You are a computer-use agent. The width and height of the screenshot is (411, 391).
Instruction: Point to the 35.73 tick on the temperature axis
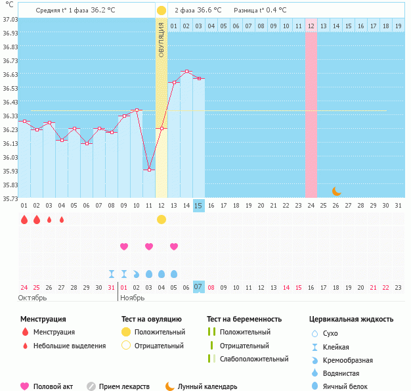coord(9,198)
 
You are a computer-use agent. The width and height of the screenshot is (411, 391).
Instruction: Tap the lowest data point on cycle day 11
coord(149,170)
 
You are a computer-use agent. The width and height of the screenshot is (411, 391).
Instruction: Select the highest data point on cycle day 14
coord(186,71)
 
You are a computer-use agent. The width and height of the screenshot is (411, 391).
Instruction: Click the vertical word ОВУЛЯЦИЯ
coord(162,40)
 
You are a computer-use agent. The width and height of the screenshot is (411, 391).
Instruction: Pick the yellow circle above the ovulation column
coord(162,11)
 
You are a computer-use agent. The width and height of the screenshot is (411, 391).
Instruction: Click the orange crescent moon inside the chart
coord(337,191)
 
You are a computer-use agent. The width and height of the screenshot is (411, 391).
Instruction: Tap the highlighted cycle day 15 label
coord(199,206)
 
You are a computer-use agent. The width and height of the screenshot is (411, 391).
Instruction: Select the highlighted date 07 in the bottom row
coord(199,287)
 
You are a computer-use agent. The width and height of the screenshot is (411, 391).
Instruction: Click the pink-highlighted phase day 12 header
coord(311,26)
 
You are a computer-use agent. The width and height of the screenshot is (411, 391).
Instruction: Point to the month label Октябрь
coord(33,298)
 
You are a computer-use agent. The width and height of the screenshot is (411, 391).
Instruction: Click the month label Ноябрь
coord(133,298)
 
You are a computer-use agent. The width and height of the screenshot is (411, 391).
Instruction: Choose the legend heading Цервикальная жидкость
coord(351,319)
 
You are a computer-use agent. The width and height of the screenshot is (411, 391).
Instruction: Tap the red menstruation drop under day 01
coord(24,219)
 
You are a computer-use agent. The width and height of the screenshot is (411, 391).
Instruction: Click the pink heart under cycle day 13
coord(174,246)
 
